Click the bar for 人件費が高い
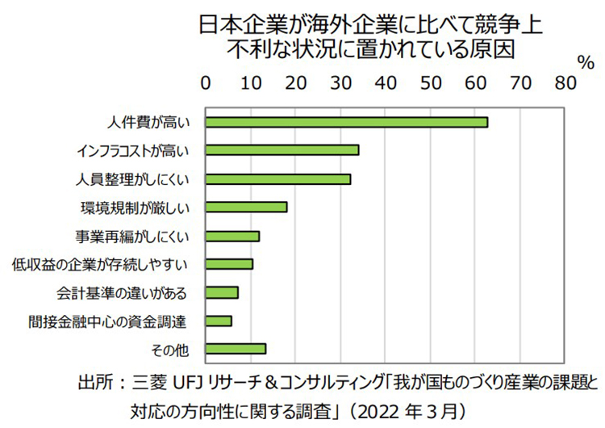[347, 122]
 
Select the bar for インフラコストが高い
[282, 150]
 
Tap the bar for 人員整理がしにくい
[278, 178]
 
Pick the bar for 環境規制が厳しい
[246, 207]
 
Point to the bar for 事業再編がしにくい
[232, 236]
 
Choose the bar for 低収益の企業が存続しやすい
[229, 264]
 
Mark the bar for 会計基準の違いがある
[222, 292]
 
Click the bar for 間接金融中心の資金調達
[219, 321]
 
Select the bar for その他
[236, 349]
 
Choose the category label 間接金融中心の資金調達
[107, 321]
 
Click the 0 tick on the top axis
[206, 83]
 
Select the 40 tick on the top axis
[386, 83]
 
